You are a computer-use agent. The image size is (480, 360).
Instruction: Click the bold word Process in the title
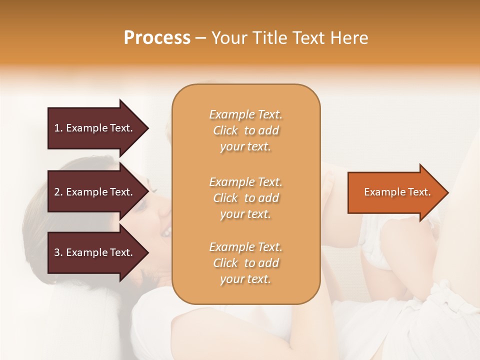(x=157, y=38)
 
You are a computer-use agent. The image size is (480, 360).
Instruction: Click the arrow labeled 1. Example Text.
(x=94, y=128)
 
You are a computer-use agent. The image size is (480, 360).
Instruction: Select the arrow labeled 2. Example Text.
(x=94, y=192)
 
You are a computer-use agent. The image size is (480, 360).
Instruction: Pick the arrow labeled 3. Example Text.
(x=94, y=252)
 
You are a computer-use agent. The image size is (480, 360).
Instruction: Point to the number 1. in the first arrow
(x=58, y=128)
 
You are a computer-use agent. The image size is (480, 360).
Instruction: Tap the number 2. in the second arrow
(x=58, y=192)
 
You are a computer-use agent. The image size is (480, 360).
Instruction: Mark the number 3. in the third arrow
(x=58, y=252)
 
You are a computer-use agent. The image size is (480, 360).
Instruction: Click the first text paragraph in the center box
(x=245, y=130)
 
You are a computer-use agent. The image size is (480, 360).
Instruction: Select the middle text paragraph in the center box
(x=245, y=198)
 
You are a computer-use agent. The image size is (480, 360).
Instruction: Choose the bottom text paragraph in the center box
(x=245, y=263)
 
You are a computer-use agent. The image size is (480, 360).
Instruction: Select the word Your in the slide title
(x=230, y=38)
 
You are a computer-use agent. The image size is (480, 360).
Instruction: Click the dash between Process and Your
(x=200, y=38)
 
